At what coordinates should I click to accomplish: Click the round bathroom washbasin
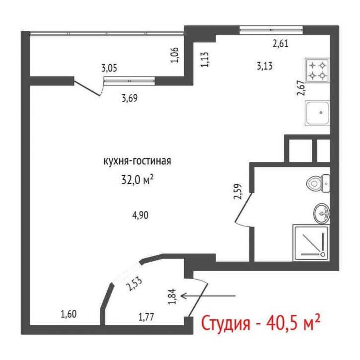322,214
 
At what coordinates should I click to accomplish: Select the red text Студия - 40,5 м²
259,323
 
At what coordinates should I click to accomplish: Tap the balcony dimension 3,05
110,69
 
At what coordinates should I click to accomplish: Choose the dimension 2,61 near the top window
281,43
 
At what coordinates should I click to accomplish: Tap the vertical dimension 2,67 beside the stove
300,92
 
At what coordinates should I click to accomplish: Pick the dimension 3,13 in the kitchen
265,66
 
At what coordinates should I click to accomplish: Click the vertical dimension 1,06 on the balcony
174,55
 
